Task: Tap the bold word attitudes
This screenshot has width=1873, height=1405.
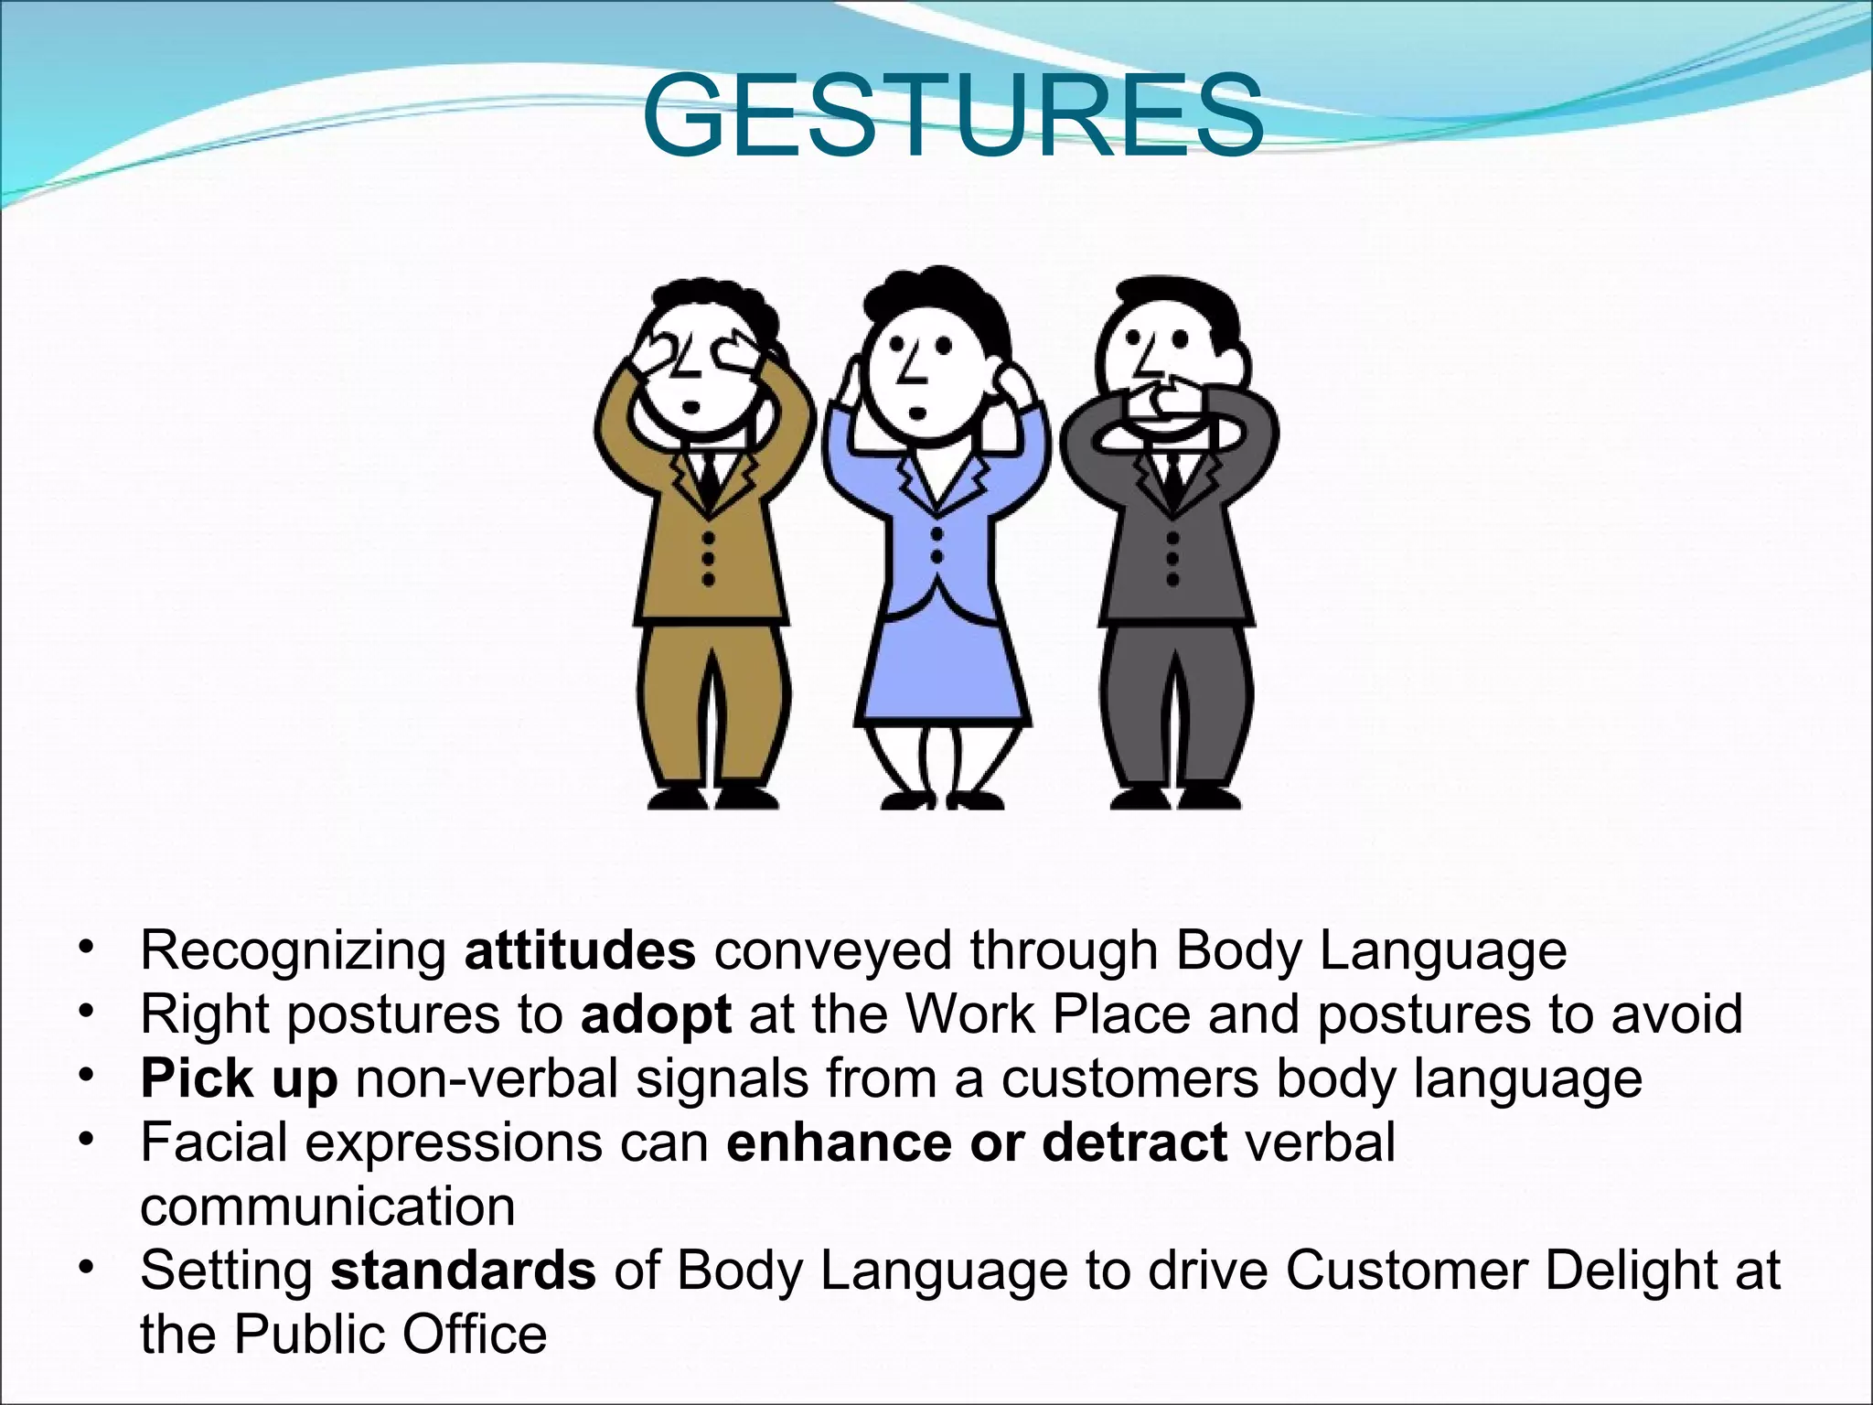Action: pyautogui.click(x=580, y=950)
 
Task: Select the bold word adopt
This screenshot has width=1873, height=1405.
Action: pyautogui.click(x=656, y=1014)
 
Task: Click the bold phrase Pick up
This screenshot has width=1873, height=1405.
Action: pyautogui.click(x=239, y=1078)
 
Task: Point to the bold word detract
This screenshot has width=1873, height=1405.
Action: pyautogui.click(x=1134, y=1142)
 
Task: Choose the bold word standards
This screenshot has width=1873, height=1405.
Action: pyautogui.click(x=463, y=1271)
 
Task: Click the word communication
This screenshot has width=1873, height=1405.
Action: pyautogui.click(x=327, y=1207)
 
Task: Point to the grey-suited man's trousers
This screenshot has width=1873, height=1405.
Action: pyautogui.click(x=1175, y=704)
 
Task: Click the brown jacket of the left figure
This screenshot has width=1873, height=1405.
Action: pyautogui.click(x=668, y=549)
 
